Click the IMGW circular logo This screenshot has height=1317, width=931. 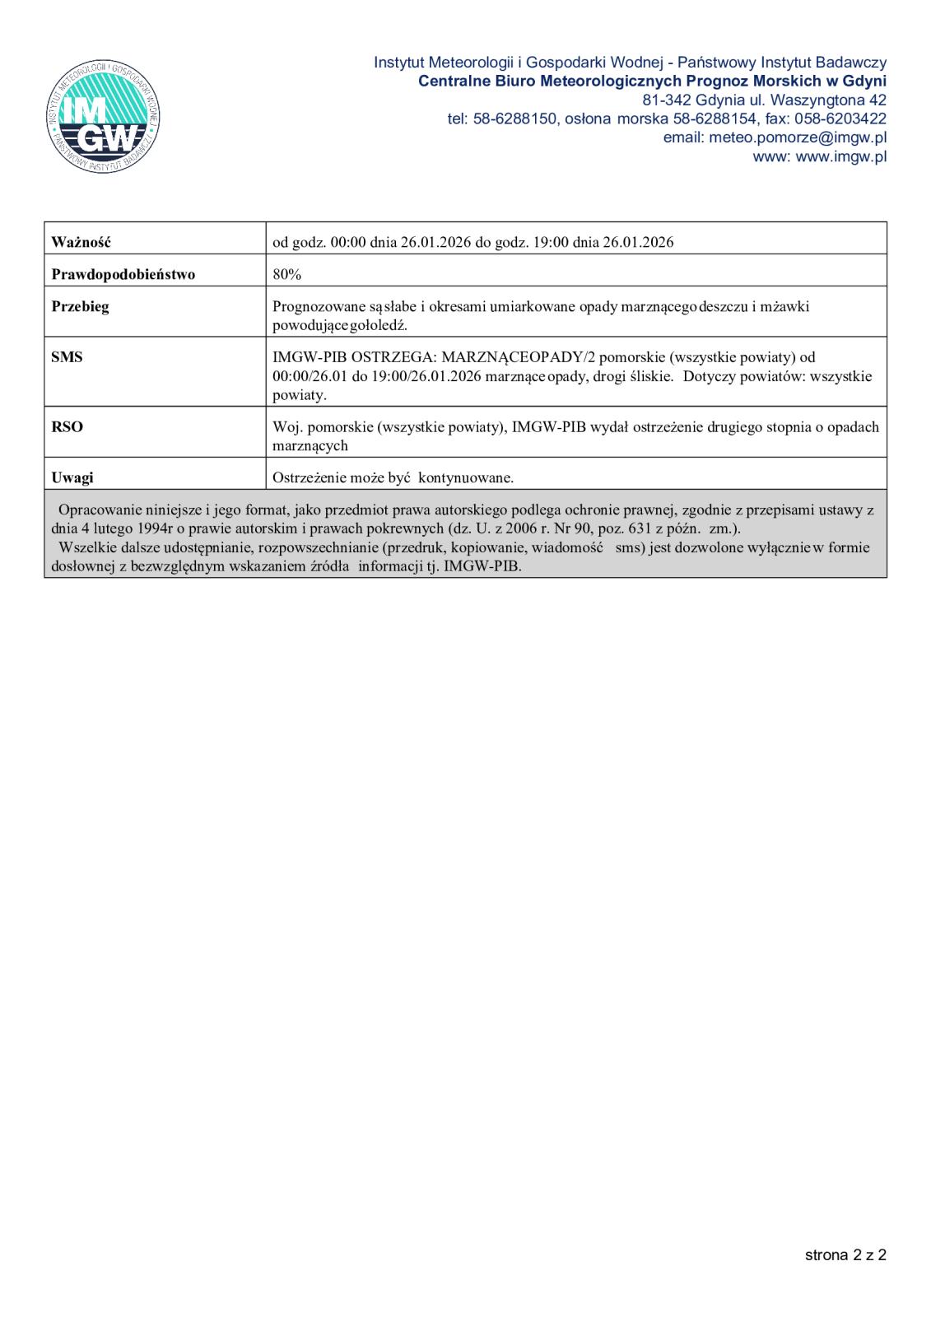coord(103,117)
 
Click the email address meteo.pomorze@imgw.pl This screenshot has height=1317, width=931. coord(797,138)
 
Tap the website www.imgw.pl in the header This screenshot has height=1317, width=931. coord(841,157)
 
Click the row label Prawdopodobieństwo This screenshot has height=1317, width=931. coord(123,274)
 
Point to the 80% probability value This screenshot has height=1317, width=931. coord(287,274)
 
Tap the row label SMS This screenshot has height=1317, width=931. coord(67,357)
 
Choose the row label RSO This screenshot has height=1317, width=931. coord(67,427)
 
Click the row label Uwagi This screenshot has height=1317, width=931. coord(72,477)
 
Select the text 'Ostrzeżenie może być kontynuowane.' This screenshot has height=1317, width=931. coord(393,477)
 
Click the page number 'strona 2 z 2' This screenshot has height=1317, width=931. coord(845,1255)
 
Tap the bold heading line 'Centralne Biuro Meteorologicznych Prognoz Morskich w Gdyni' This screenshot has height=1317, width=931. coord(652,81)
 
